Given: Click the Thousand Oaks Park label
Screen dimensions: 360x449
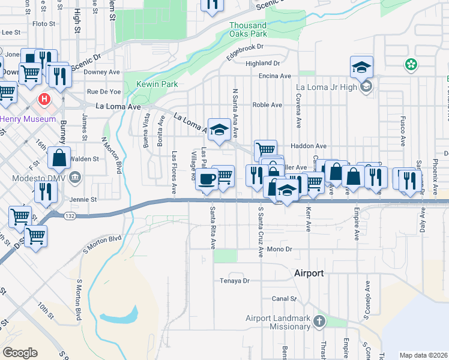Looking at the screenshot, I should pos(248,29).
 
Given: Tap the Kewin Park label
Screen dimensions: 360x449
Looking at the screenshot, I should pos(157,85).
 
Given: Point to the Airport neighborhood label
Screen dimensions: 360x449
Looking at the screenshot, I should pos(309,273).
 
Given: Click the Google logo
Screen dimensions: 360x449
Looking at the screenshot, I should pos(20,353).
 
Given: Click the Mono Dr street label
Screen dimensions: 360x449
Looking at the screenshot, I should pos(279,249).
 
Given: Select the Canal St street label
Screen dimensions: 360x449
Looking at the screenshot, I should pos(285,298).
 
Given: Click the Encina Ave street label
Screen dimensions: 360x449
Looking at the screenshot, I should pos(274,76).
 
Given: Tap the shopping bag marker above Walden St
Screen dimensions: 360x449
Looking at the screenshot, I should pos(59,158).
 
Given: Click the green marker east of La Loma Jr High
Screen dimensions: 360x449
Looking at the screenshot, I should pos(411,64).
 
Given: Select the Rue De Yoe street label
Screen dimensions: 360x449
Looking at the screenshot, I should pos(104,92).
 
